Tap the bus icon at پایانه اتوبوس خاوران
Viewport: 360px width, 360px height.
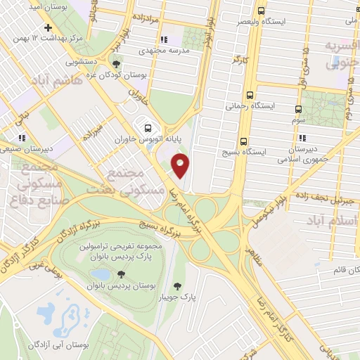click(x=147, y=128)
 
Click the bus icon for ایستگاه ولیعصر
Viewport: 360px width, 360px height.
click(x=262, y=11)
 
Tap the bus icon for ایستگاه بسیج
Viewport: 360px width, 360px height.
click(x=244, y=141)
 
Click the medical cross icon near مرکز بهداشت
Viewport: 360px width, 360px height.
click(x=47, y=28)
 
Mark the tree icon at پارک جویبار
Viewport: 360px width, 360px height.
click(x=176, y=285)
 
